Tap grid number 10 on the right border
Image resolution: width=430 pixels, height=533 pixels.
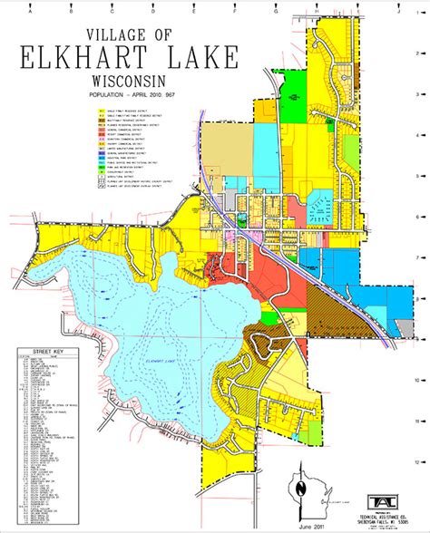(415, 380)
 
